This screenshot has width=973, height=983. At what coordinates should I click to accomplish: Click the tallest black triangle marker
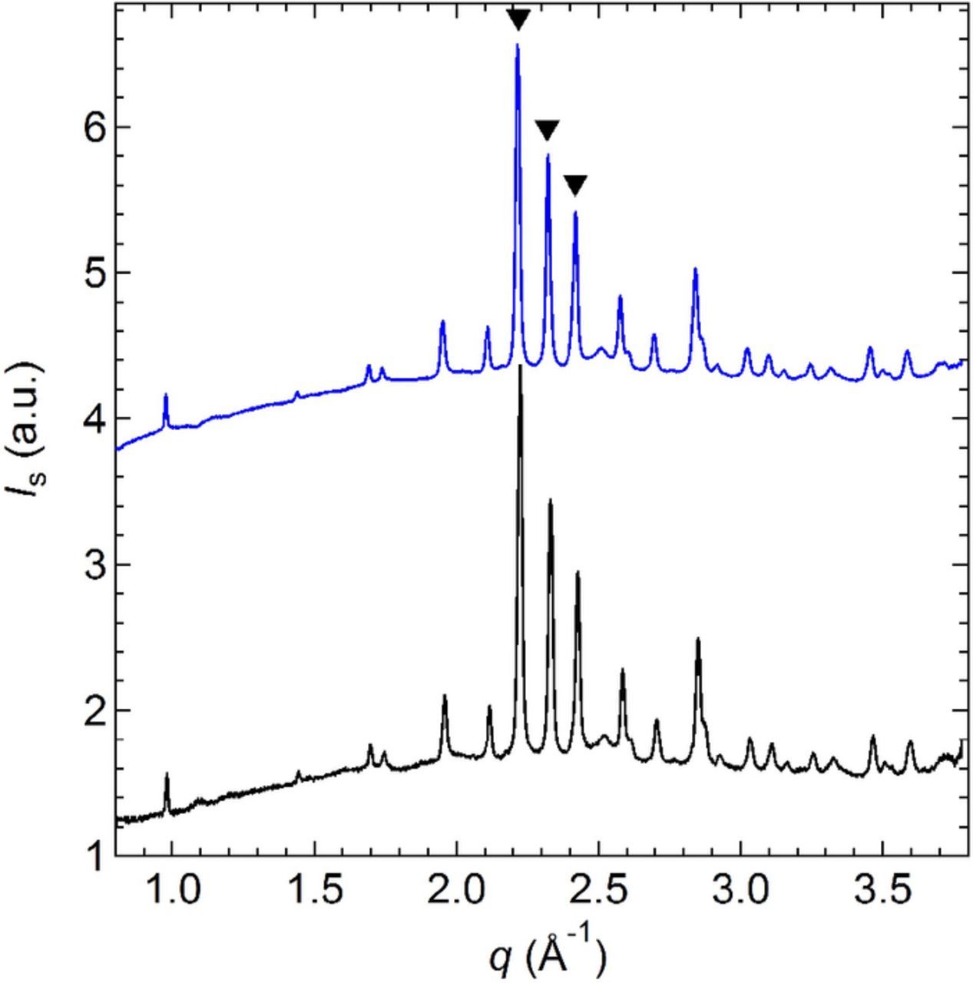coord(518,20)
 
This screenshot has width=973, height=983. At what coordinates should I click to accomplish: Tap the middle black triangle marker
coord(547,130)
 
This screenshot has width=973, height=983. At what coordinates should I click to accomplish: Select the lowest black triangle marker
coord(575,185)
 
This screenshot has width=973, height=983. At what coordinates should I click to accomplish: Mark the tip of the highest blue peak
coord(518,45)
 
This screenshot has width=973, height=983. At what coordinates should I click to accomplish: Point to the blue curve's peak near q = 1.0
coord(165,395)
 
